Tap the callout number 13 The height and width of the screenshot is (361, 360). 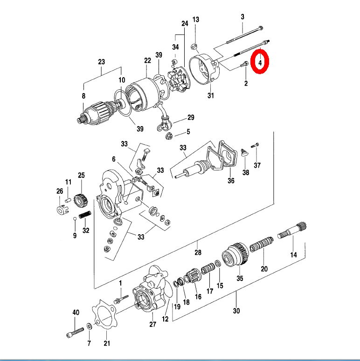click(x=195, y=20)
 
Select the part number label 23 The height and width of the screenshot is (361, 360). click(x=102, y=62)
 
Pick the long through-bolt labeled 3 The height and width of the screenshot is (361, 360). click(x=242, y=37)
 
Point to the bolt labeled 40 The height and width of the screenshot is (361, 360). click(x=75, y=332)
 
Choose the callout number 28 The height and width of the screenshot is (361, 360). click(x=198, y=253)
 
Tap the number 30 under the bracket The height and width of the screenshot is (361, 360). click(x=236, y=311)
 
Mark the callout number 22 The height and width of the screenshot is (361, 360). click(x=147, y=61)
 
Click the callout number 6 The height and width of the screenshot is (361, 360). click(x=113, y=159)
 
